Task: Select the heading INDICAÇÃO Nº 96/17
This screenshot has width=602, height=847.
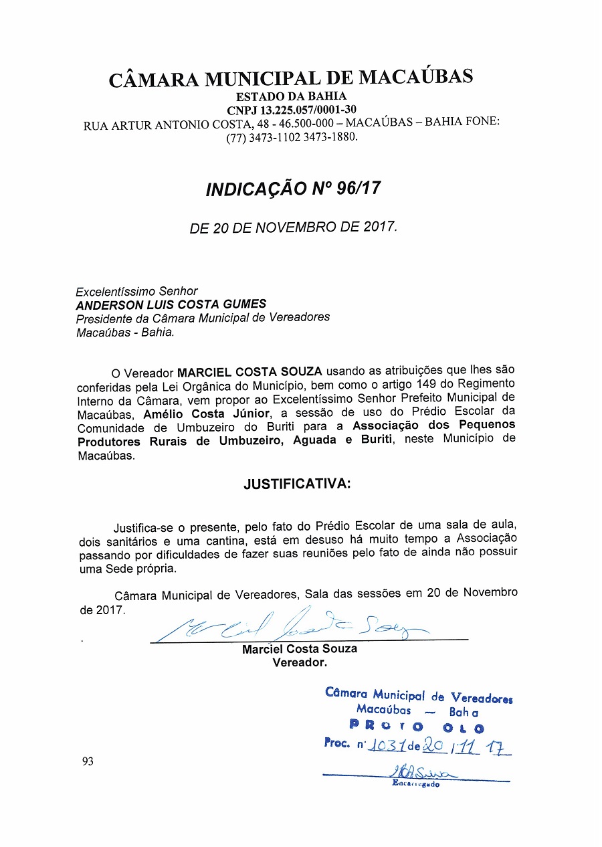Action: point(293,189)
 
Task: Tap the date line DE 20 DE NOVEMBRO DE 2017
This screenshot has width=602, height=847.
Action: point(293,227)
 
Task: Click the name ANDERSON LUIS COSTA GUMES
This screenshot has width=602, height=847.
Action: point(171,304)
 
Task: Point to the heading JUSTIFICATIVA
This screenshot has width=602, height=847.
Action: point(296,484)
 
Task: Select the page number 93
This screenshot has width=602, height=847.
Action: point(88,761)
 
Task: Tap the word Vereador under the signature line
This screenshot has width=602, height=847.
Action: point(299,663)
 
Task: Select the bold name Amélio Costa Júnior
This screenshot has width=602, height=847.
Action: point(206,413)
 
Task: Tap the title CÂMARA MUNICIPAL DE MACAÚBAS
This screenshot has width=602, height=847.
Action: point(291,78)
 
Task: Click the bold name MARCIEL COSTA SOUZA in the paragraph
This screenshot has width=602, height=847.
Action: point(249,371)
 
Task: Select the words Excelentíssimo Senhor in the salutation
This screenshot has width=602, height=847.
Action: point(136,291)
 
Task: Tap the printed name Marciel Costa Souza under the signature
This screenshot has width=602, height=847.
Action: point(299,649)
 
